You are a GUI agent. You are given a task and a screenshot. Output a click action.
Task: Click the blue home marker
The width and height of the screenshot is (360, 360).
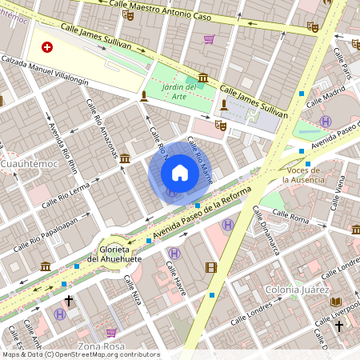click(x=180, y=173)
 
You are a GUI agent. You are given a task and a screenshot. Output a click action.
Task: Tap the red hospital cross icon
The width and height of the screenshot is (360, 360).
click(x=47, y=47)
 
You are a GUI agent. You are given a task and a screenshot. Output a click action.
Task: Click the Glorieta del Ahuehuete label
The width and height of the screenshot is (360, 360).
click(x=115, y=253)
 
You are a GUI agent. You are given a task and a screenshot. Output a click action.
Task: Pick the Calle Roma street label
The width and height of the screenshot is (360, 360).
click(x=290, y=214)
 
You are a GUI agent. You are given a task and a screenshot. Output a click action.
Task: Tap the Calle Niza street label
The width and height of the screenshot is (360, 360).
click(x=133, y=292)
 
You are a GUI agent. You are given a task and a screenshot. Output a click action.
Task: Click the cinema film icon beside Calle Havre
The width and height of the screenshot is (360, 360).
click(x=211, y=268)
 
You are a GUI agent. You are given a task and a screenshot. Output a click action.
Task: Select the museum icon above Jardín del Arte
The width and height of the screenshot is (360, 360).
click(x=203, y=78)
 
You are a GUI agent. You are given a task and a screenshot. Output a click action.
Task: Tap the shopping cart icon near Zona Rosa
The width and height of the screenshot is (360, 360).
click(x=111, y=332)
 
